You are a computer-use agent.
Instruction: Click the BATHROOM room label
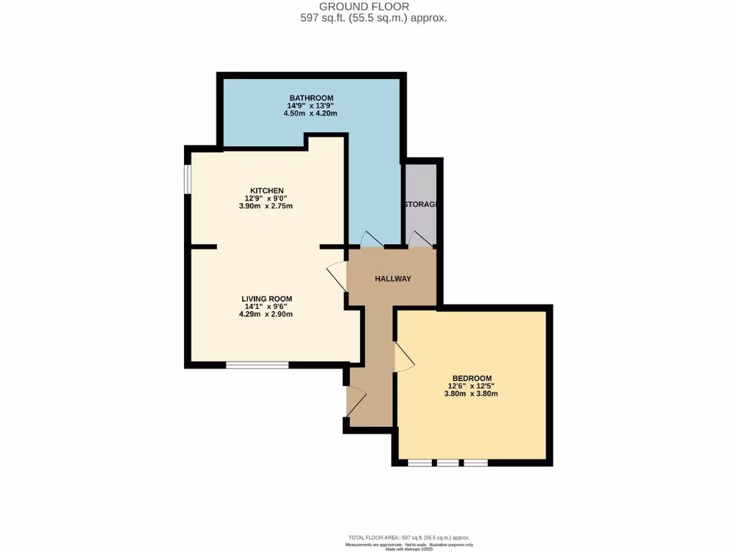(x=311, y=98)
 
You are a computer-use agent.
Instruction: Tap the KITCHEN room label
(x=266, y=190)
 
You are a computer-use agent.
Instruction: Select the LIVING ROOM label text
(x=266, y=298)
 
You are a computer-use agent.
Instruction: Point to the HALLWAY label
(x=392, y=279)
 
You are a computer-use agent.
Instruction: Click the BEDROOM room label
(x=471, y=378)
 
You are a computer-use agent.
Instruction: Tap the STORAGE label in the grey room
(x=420, y=205)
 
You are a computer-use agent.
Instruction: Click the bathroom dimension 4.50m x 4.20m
(x=311, y=114)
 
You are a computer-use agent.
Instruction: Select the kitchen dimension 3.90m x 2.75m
(x=266, y=206)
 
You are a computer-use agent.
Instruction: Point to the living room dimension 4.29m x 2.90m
(x=266, y=314)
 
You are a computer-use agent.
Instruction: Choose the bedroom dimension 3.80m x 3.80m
(x=471, y=394)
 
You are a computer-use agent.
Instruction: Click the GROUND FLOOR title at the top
(x=374, y=7)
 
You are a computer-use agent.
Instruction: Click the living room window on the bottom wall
(x=257, y=365)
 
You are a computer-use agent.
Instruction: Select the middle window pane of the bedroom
(x=448, y=462)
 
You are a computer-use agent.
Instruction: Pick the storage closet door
(x=417, y=239)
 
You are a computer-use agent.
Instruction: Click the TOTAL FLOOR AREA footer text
(x=410, y=538)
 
